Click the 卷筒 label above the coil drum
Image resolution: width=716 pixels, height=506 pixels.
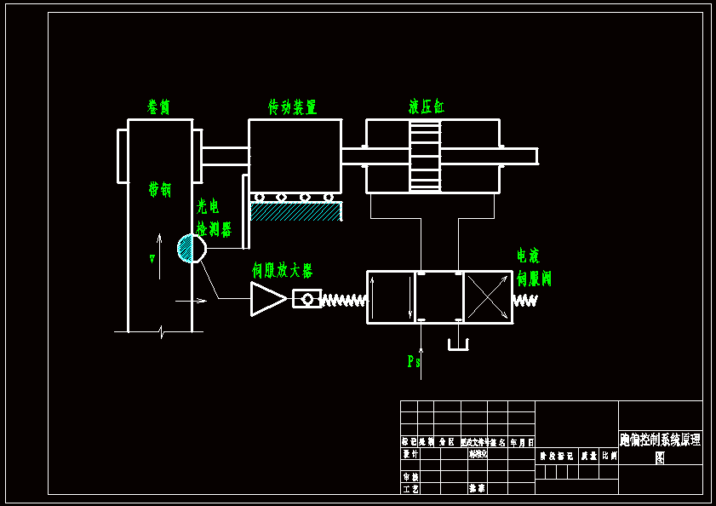(x=159, y=107)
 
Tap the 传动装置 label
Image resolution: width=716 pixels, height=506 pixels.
(x=292, y=107)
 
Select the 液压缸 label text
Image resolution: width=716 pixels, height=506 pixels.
(x=426, y=107)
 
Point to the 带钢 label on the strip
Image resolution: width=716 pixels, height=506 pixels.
(x=159, y=189)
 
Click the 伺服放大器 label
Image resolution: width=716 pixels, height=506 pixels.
(x=282, y=271)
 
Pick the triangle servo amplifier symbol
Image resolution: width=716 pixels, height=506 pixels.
(x=267, y=299)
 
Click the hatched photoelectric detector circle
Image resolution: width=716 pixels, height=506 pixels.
(x=192, y=249)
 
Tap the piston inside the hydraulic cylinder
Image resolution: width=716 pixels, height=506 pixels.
(x=425, y=156)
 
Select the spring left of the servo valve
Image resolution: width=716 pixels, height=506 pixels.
(x=344, y=300)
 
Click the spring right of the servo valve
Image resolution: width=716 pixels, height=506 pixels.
(x=525, y=301)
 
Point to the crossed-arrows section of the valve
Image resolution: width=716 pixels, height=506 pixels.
(x=488, y=297)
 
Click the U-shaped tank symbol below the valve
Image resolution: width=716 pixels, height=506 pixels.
(x=458, y=345)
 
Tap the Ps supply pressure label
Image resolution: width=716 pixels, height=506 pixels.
(x=413, y=362)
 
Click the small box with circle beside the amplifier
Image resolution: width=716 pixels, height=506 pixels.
(x=306, y=299)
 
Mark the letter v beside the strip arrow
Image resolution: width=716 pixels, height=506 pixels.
(x=152, y=258)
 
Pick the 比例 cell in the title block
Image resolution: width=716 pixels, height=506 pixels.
(x=610, y=456)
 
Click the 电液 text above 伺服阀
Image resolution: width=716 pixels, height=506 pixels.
(x=528, y=256)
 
